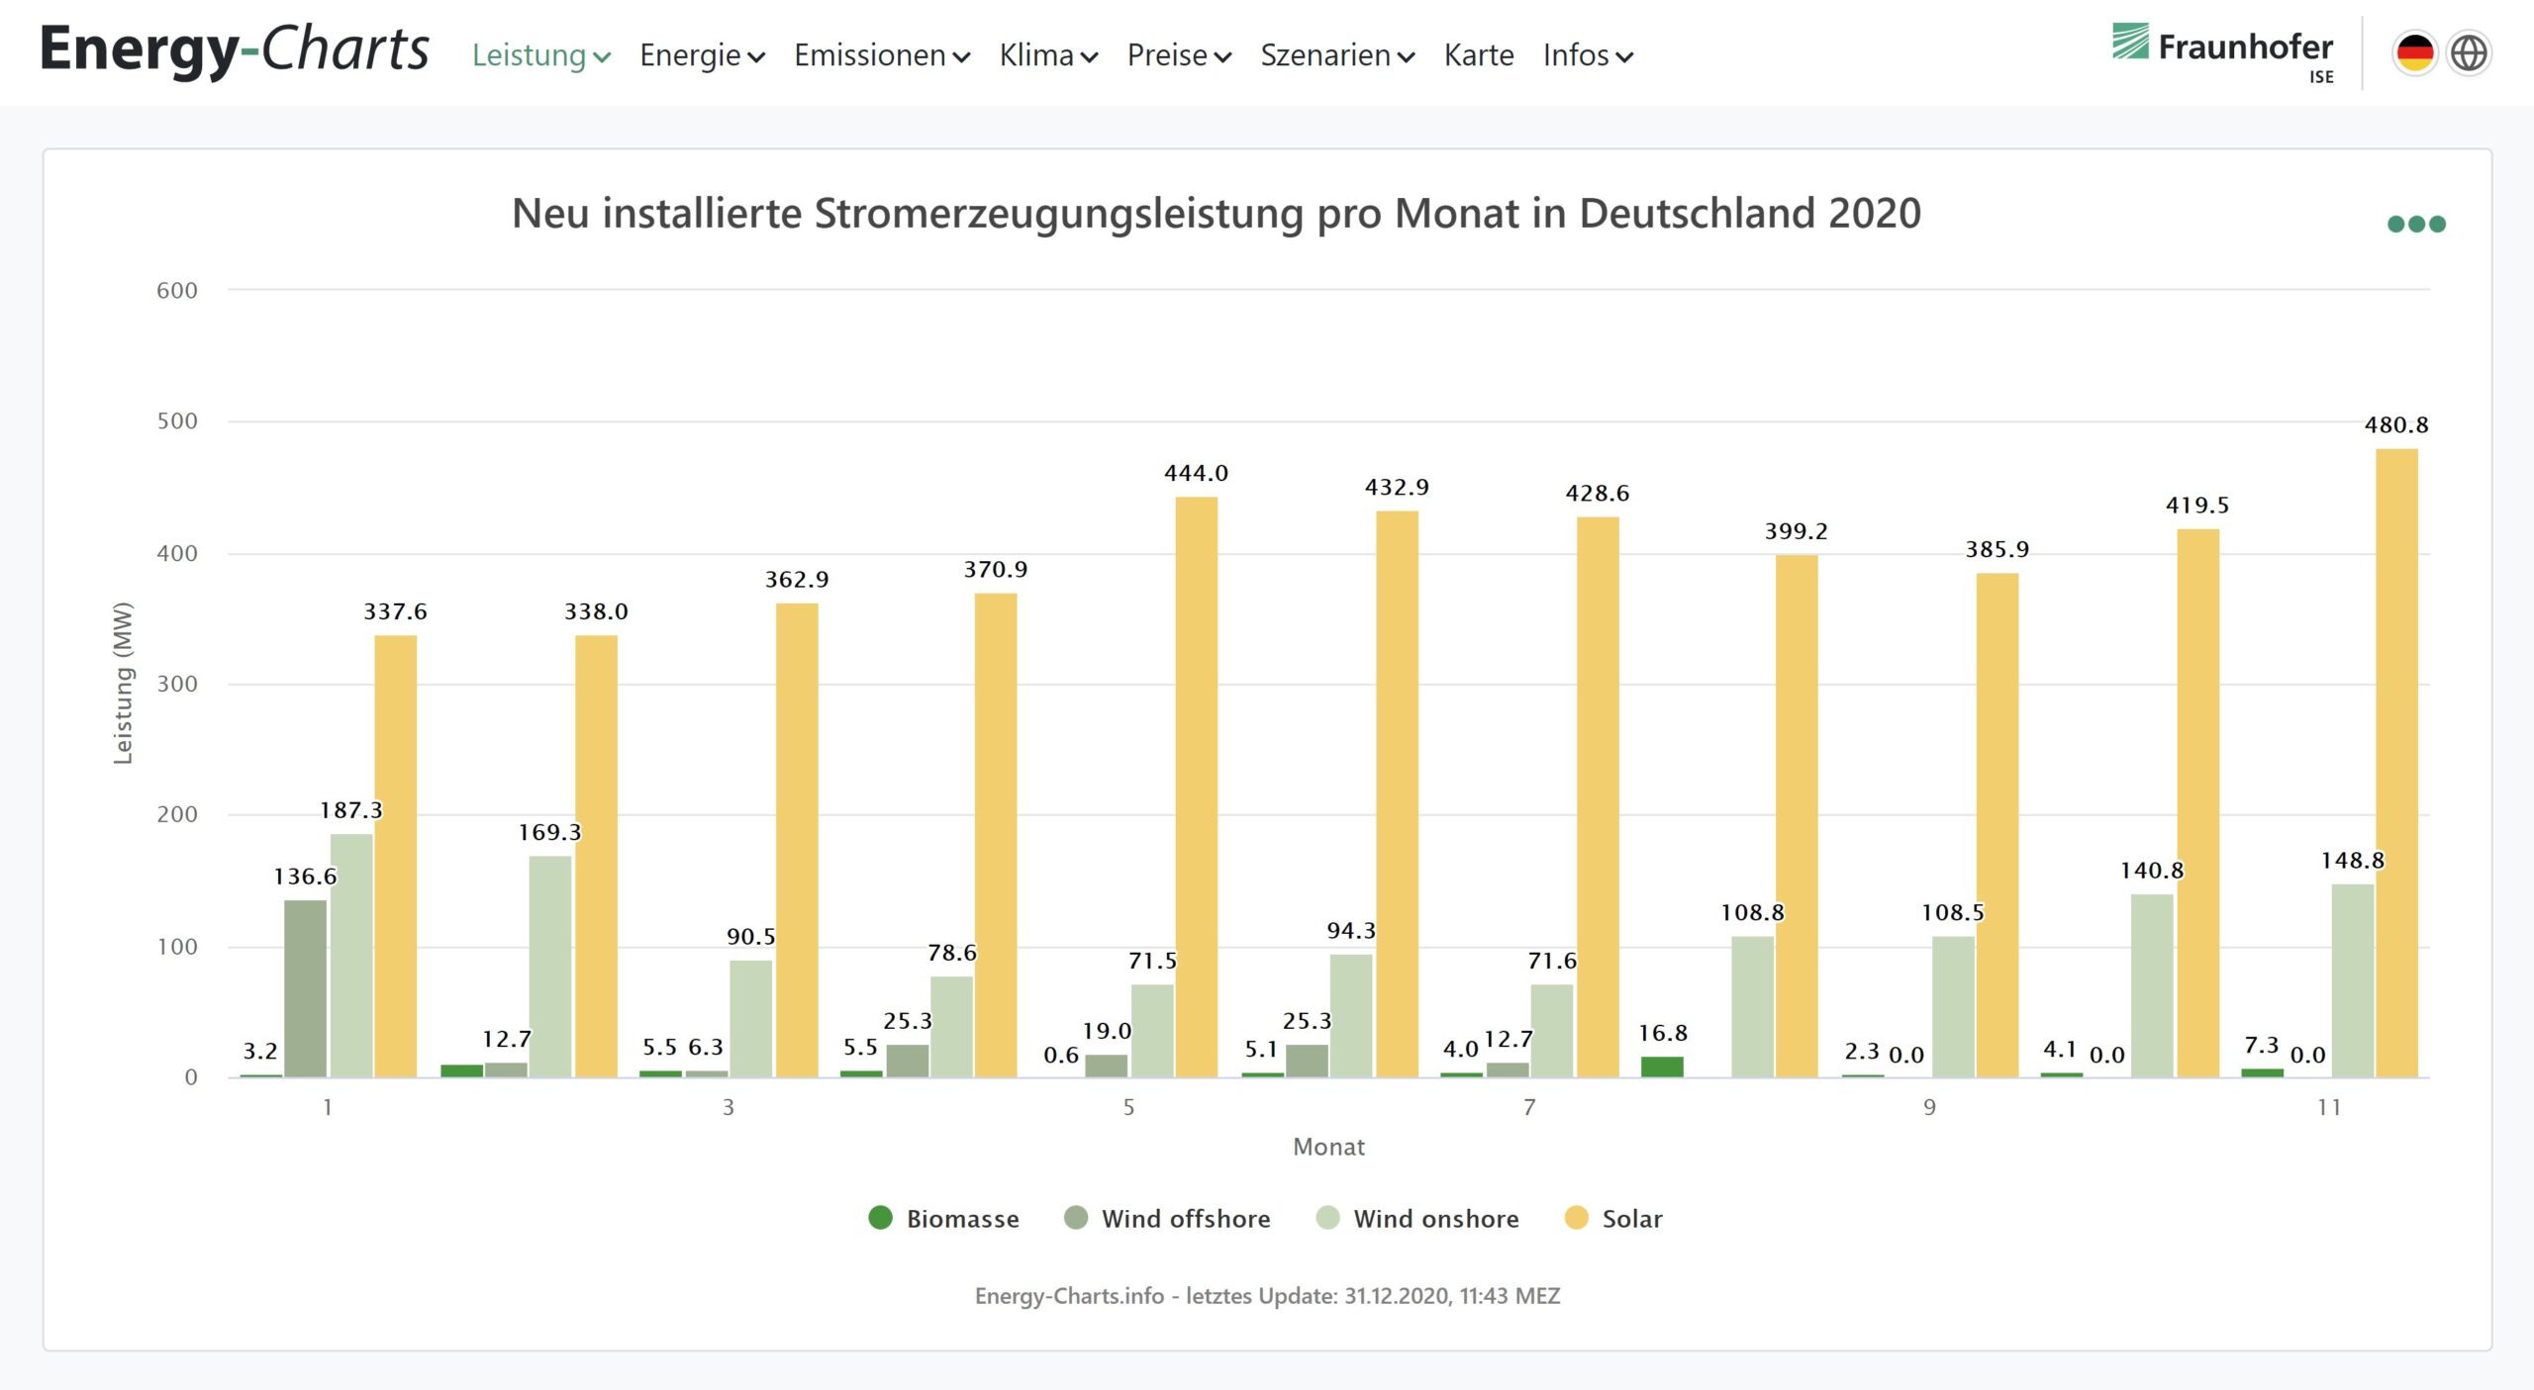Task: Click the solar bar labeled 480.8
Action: (x=2396, y=762)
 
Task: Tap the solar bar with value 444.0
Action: (x=1196, y=787)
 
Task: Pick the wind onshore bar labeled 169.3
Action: (x=549, y=966)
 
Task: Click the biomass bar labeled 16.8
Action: (x=1662, y=1066)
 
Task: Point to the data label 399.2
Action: (x=1796, y=531)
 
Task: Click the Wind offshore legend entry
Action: (x=1168, y=1219)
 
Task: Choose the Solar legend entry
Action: (x=1613, y=1219)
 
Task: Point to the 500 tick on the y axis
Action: (x=177, y=421)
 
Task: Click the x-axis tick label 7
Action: (x=1529, y=1107)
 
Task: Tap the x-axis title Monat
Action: (x=1328, y=1147)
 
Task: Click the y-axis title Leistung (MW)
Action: (x=123, y=683)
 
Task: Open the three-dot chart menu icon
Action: (x=2415, y=225)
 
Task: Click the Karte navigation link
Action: (x=1478, y=55)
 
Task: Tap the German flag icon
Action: (x=2414, y=53)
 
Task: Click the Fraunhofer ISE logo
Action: (x=2222, y=53)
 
